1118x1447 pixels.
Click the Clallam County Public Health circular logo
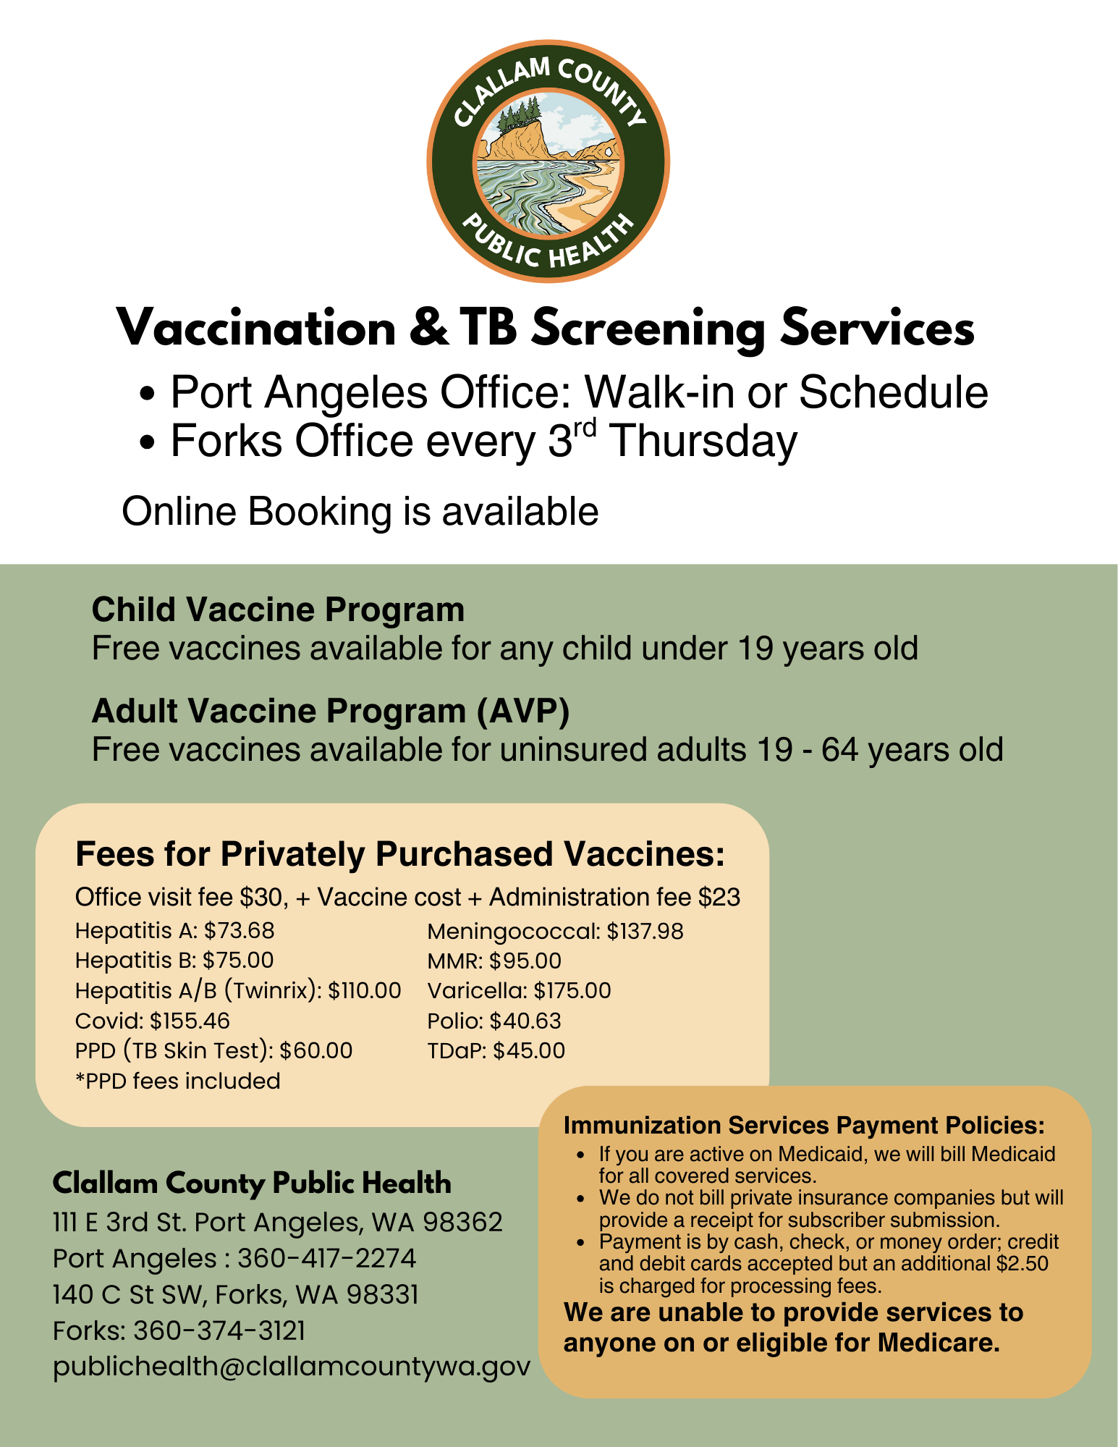[548, 161]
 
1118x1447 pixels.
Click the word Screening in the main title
[648, 329]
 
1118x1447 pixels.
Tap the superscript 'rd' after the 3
[585, 428]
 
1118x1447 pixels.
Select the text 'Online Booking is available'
[360, 512]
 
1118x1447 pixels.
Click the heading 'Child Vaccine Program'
[278, 609]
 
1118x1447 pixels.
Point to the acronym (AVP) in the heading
[522, 711]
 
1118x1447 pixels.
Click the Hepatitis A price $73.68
[239, 931]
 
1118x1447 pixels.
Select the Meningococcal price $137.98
[645, 932]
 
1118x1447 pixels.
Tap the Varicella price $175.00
[572, 991]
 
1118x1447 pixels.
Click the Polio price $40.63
[525, 1021]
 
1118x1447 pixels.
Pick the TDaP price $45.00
[528, 1051]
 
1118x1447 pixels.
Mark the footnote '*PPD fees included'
[177, 1081]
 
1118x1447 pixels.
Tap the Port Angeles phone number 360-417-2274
[326, 1259]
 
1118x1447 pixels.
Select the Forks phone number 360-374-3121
[219, 1331]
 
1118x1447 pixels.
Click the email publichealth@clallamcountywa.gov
[291, 1367]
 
